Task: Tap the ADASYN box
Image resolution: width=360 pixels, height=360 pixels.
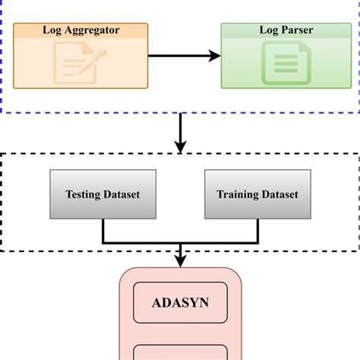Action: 180,305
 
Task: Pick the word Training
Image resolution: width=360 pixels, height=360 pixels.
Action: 235,195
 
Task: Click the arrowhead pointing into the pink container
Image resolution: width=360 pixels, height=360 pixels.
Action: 180,261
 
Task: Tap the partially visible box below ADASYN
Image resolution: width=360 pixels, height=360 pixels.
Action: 180,352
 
